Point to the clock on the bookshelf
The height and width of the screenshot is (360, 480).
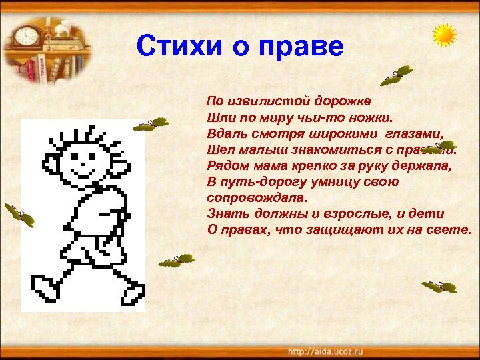tap(27, 35)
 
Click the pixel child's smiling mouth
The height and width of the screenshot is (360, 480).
tap(80, 164)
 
